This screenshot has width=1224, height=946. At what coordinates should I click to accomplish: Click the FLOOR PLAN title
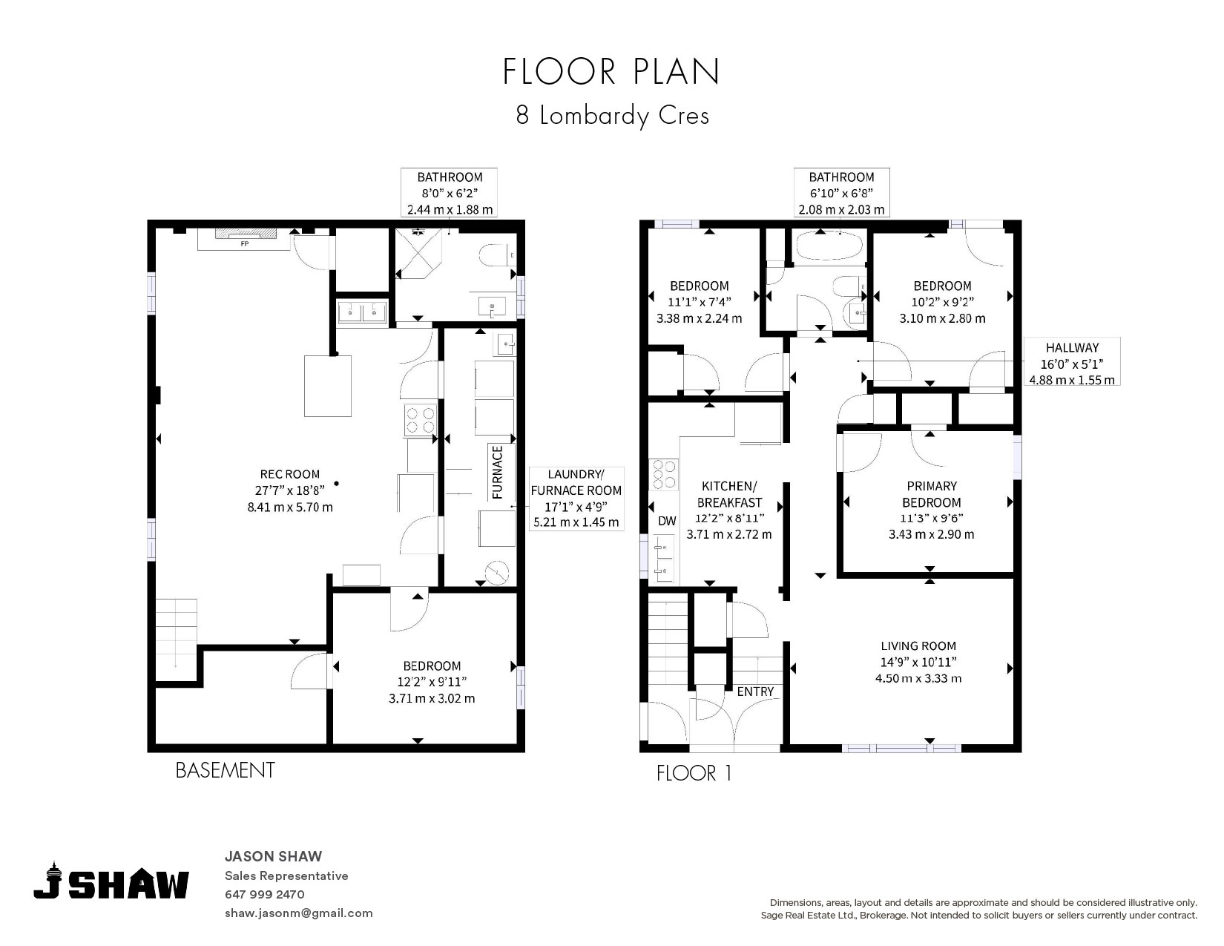point(611,71)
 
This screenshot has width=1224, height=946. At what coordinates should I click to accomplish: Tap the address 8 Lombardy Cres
point(612,116)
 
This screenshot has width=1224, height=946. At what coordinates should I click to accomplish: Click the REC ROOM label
point(289,474)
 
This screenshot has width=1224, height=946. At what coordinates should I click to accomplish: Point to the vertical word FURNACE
point(497,472)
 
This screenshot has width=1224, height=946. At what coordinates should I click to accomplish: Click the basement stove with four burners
point(421,420)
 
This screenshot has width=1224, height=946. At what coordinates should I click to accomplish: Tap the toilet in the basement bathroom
point(496,255)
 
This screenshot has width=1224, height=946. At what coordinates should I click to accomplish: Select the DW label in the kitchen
point(667,521)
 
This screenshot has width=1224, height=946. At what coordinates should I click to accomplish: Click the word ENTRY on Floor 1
point(755,692)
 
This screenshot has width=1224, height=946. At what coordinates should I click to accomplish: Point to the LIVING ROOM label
point(918,646)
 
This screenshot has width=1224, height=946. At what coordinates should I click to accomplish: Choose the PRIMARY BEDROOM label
point(932,494)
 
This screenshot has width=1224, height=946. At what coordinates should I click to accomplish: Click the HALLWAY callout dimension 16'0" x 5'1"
point(1072,364)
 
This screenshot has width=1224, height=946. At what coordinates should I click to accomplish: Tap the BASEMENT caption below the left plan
point(225,770)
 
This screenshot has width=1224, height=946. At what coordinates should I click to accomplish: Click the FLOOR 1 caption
point(694,773)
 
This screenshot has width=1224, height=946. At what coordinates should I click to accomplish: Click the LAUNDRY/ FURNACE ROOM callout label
point(576,482)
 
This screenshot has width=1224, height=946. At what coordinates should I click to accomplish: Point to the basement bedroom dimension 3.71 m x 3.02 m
point(432,699)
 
